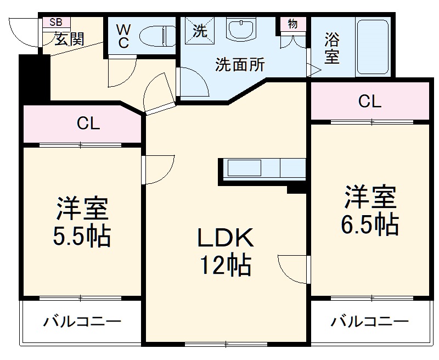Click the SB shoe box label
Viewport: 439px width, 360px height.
point(56,22)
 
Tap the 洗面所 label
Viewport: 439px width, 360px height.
point(240,65)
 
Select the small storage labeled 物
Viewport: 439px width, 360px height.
point(292,24)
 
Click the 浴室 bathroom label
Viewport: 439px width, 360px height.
point(331,48)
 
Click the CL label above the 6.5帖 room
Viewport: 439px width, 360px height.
point(369,101)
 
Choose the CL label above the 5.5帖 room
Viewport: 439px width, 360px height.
point(88,124)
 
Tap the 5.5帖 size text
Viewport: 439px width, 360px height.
point(82,237)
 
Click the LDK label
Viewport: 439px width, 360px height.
point(225,238)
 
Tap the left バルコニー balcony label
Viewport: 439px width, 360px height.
point(82,321)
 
